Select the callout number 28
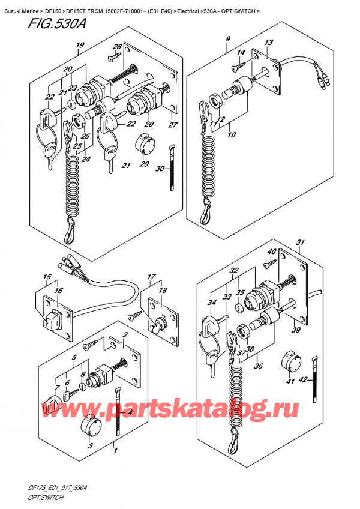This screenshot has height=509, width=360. click(x=118, y=47)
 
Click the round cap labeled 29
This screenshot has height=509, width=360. click(x=144, y=143)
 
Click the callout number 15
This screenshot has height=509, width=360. click(x=46, y=277)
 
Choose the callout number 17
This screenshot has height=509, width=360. click(x=151, y=278)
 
